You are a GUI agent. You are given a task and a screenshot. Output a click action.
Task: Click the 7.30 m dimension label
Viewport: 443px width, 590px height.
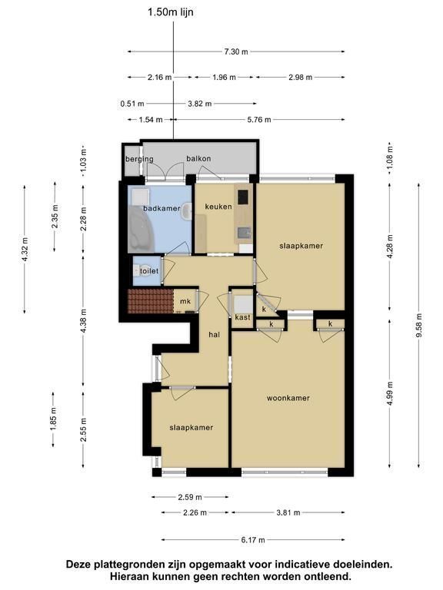[236, 51]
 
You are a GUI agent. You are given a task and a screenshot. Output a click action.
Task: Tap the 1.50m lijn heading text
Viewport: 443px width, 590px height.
[170, 12]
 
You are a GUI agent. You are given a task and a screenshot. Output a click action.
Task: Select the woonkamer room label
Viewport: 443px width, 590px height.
[288, 398]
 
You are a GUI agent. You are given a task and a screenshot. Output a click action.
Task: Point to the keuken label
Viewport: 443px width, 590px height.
[218, 206]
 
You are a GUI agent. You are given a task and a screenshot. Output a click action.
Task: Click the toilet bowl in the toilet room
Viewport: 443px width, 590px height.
[137, 270]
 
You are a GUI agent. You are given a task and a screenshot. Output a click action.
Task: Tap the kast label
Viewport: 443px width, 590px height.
[242, 317]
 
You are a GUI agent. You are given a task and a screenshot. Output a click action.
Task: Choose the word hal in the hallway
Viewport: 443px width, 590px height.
[215, 334]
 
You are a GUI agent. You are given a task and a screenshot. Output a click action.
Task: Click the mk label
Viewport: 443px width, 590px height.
[185, 301]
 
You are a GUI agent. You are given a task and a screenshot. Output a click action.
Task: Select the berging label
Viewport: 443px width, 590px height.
[139, 159]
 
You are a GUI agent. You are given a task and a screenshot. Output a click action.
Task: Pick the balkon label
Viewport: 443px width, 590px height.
[198, 158]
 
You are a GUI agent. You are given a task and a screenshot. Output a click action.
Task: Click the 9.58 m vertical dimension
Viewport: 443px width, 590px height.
[419, 325]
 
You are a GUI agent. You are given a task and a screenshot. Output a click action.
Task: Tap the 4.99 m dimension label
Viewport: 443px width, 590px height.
[389, 393]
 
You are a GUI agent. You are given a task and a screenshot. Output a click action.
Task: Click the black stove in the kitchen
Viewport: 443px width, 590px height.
[242, 196]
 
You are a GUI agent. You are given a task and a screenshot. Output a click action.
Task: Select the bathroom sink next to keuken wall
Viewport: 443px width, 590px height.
[186, 212]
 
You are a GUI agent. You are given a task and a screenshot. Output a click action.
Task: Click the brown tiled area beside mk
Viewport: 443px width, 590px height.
[150, 301]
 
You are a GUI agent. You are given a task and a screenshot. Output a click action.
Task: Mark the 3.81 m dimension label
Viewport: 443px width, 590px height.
[288, 512]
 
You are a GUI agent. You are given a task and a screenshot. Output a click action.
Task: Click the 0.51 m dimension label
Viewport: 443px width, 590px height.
[132, 104]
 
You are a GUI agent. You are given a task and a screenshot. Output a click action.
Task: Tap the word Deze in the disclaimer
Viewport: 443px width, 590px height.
[78, 565]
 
